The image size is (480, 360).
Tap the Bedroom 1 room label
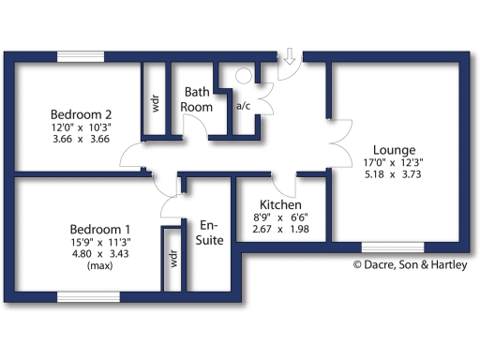(100, 229)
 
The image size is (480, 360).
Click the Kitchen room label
(280, 204)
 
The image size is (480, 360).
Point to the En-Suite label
(209, 232)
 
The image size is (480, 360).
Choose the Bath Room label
(197, 99)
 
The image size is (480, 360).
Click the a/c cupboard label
(243, 106)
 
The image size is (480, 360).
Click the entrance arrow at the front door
(290, 57)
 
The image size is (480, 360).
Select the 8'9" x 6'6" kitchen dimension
(280, 217)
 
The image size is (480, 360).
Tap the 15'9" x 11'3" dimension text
(100, 242)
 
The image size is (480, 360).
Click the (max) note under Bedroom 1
(100, 266)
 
